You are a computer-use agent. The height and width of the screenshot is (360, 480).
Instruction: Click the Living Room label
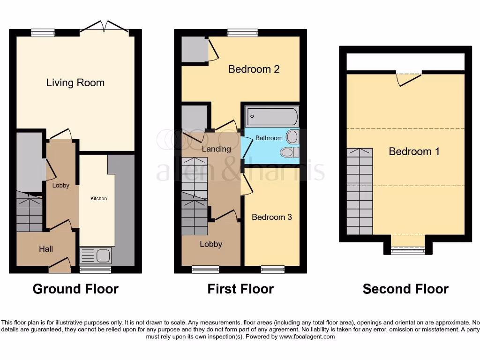tap(75, 83)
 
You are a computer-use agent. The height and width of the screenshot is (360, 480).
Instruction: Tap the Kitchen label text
tap(98, 198)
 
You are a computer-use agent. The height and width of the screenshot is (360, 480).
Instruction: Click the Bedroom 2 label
tap(254, 69)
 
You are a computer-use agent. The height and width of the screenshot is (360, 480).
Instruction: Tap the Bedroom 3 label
tap(271, 217)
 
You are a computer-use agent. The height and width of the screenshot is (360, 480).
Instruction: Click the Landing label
tap(216, 149)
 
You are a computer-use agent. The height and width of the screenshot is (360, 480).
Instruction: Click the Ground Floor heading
tap(75, 289)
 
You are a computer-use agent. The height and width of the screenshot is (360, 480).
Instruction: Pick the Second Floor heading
tap(405, 289)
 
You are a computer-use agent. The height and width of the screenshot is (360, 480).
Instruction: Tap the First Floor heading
tap(240, 289)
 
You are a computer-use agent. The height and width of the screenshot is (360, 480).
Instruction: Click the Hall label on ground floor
tap(46, 249)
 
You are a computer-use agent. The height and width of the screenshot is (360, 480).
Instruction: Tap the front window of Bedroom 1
tap(408, 251)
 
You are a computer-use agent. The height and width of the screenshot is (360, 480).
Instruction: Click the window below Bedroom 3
tap(273, 269)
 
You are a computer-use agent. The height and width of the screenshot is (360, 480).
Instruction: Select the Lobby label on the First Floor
tap(211, 244)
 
